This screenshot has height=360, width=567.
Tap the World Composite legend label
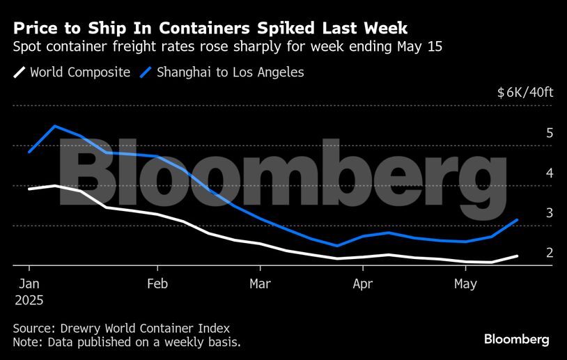[80, 72]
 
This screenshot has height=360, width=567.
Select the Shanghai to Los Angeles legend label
[231, 72]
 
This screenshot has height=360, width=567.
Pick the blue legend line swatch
[146, 72]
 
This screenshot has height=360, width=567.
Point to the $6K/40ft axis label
[525, 93]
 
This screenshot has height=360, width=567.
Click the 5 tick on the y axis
[550, 133]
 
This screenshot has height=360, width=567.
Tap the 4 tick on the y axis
[550, 173]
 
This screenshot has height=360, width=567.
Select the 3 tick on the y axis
[550, 213]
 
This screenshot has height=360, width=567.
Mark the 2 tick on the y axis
[550, 253]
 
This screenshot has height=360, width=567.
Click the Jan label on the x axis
[29, 284]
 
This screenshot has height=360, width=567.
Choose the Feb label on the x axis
[157, 284]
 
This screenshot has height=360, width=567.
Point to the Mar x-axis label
[260, 284]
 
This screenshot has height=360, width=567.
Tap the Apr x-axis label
[362, 284]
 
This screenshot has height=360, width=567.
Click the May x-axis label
[465, 284]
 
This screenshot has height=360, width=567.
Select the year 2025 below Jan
[28, 301]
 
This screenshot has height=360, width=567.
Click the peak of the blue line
[54, 126]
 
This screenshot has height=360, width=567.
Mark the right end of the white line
[517, 256]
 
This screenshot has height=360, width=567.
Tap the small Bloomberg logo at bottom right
[517, 339]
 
